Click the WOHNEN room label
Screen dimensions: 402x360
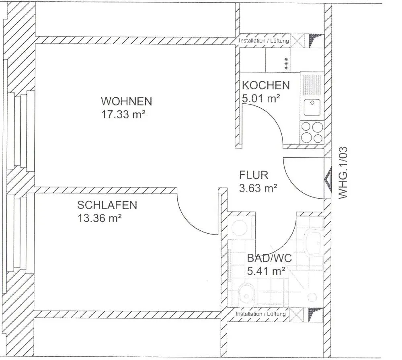coord(126,101)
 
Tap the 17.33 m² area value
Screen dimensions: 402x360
coord(123,115)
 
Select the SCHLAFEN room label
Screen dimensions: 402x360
coord(107,205)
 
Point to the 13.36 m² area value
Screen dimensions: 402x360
coord(99,218)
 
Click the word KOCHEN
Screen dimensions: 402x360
coord(266,85)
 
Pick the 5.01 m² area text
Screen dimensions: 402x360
coord(261,99)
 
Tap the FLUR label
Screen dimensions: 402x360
coord(254,175)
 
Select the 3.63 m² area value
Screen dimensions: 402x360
coord(258,188)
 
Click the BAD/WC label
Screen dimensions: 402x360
coord(269,258)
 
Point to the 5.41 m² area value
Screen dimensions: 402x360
coord(266,271)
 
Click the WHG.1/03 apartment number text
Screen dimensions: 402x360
coord(343,173)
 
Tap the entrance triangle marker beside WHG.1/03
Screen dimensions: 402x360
coord(328,180)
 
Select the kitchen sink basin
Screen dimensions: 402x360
coord(312,108)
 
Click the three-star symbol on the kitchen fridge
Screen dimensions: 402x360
coord(286,64)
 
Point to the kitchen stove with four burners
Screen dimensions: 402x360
coord(312,133)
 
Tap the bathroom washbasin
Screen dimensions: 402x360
coord(313,243)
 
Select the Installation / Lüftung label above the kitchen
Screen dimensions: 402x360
coord(264,41)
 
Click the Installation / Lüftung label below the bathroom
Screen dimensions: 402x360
coord(260,314)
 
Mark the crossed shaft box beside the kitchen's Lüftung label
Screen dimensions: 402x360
coord(297,41)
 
